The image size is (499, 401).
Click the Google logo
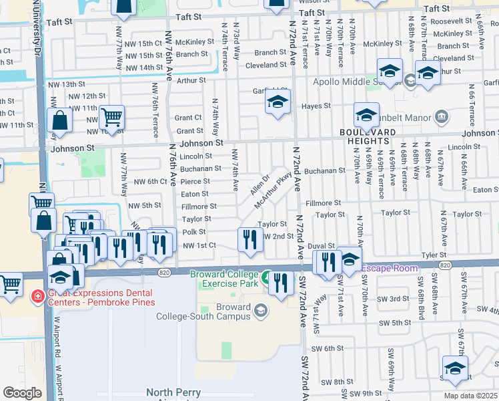click(22, 393)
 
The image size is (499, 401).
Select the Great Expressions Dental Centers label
click(92, 297)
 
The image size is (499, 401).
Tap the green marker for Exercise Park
click(267, 277)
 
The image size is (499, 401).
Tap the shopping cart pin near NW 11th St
click(112, 117)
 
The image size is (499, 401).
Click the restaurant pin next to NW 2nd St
click(249, 239)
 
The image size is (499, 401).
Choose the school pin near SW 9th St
click(455, 368)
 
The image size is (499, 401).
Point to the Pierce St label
click(195, 181)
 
